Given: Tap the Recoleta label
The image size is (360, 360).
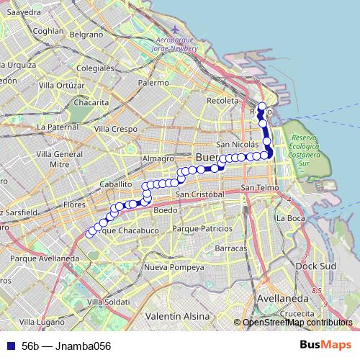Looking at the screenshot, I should (x=222, y=101).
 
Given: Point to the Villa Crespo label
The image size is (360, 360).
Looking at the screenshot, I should (x=115, y=129).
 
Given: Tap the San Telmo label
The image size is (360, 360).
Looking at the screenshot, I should (x=258, y=188).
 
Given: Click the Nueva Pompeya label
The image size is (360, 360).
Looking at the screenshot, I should (x=174, y=267).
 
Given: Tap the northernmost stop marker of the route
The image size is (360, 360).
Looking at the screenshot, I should (x=262, y=107).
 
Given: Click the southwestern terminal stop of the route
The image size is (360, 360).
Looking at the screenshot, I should (x=89, y=233).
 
